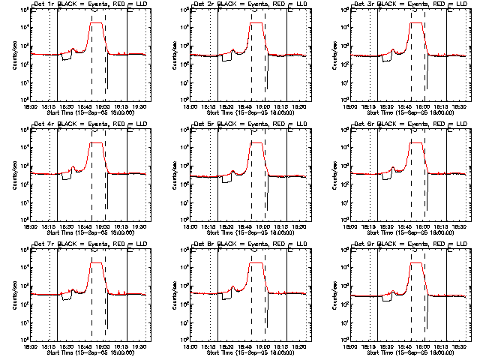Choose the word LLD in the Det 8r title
click(x=301, y=245)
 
